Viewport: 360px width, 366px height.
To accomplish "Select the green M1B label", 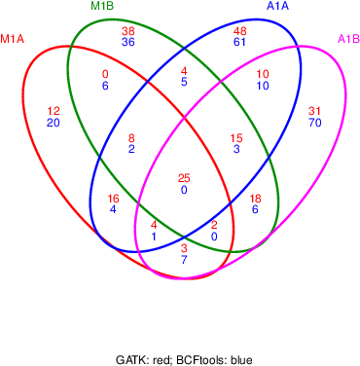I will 103,7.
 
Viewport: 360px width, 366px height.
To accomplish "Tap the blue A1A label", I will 277,7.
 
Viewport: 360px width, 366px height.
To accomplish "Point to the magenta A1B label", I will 348,39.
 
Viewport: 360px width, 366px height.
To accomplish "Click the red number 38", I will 127,32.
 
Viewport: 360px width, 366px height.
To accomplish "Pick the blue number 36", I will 127,43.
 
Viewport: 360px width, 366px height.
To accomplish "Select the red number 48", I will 240,32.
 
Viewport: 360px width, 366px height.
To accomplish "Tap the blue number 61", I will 240,43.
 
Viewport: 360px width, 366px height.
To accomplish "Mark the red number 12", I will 54,111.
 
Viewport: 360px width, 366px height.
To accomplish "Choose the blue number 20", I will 54,123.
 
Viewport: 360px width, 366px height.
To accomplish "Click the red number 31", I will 314,111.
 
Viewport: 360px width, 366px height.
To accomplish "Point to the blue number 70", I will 314,123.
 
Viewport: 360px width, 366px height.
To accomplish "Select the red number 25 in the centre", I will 184,178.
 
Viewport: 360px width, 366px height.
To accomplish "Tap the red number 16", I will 114,199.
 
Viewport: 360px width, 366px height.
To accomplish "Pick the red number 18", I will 256,199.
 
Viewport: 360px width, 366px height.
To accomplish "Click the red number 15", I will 236,138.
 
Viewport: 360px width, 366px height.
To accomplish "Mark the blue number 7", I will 184,260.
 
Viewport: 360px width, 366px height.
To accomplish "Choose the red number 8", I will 131,138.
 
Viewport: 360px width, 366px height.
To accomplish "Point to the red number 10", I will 263,75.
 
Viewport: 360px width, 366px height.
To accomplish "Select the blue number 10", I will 263,86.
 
